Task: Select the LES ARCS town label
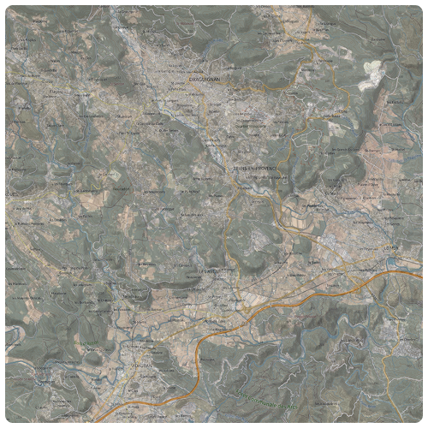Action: click(209, 272)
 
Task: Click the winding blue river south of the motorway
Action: click(257, 360)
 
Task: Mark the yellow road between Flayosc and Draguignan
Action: click(111, 86)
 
